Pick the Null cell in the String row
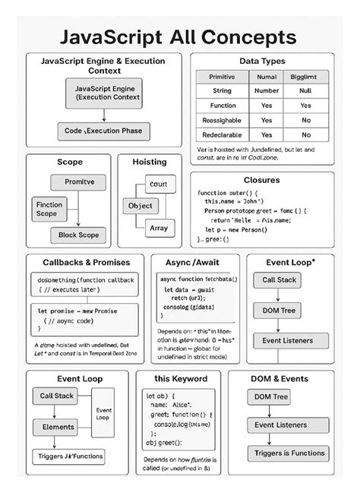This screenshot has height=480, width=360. point(305,91)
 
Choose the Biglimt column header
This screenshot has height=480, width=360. point(305,77)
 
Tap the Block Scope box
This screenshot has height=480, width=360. point(78,235)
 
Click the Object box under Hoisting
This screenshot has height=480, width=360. point(141,206)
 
